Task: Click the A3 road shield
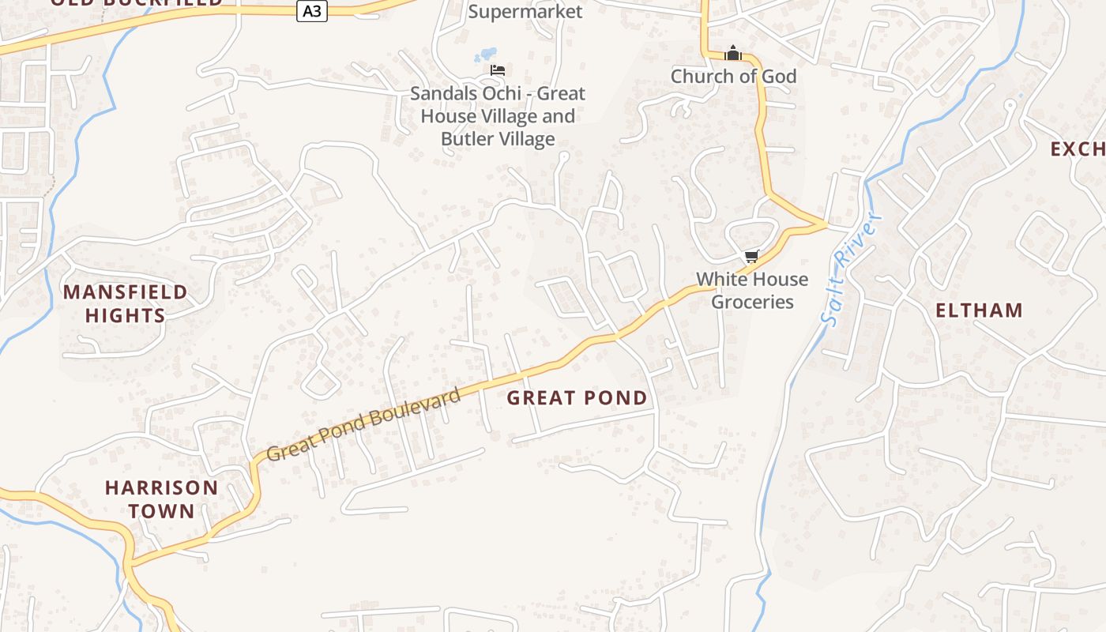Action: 312,11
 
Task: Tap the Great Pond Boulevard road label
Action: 363,425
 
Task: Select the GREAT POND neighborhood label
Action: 577,398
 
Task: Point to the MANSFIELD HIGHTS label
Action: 126,304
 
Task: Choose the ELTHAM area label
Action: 979,310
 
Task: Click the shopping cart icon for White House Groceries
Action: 752,256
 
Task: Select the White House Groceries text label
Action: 752,291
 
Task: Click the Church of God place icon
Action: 733,54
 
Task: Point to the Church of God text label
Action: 733,77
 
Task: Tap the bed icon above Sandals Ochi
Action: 498,70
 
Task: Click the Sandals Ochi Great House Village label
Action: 498,116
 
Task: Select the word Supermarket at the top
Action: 525,11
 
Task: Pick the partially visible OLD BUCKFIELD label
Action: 136,2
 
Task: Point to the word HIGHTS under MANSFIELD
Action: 126,316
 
